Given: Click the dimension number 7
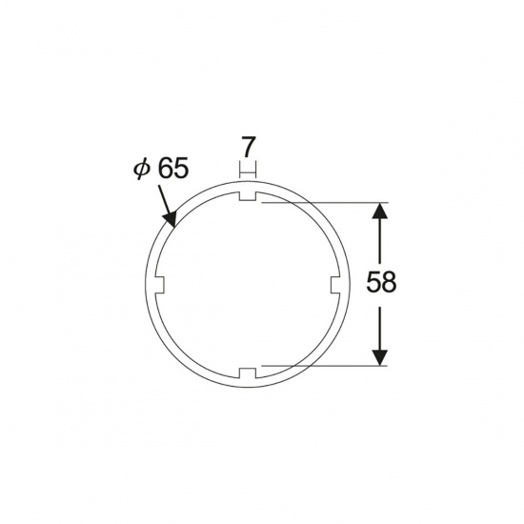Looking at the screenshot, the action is coord(248,147).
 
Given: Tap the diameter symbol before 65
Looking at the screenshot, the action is coord(141,169).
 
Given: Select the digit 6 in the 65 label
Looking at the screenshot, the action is coord(165,168).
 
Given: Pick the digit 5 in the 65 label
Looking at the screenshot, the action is coord(181,168).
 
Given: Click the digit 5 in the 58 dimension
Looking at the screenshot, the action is coord(373,282).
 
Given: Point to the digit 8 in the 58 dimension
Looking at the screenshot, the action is coord(389,282).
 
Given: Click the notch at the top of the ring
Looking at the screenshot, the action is coord(248,196).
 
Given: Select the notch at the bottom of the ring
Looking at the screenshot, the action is coord(248,373).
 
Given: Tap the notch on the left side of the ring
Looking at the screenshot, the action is coord(159,285).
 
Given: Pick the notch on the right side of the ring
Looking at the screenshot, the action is coord(336,285).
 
